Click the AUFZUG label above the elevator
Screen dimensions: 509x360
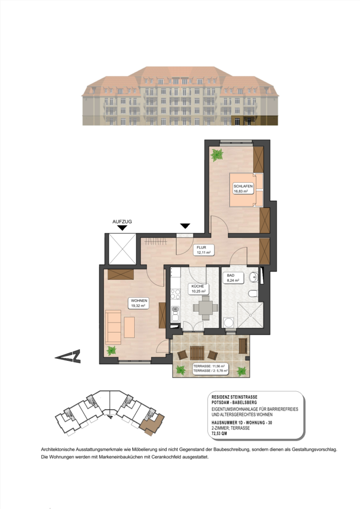tap(122, 222)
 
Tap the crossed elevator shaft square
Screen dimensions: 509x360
tap(122, 248)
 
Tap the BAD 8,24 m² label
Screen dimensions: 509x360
tap(233, 278)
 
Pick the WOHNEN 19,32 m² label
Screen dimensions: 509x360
tap(138, 303)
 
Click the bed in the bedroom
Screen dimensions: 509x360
tap(246, 189)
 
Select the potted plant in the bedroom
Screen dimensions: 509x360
tap(217, 155)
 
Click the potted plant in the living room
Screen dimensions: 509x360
tap(111, 350)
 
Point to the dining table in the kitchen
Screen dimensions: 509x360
tap(205, 308)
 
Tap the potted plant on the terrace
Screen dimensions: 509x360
tap(242, 371)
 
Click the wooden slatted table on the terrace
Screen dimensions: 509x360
tap(197, 352)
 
